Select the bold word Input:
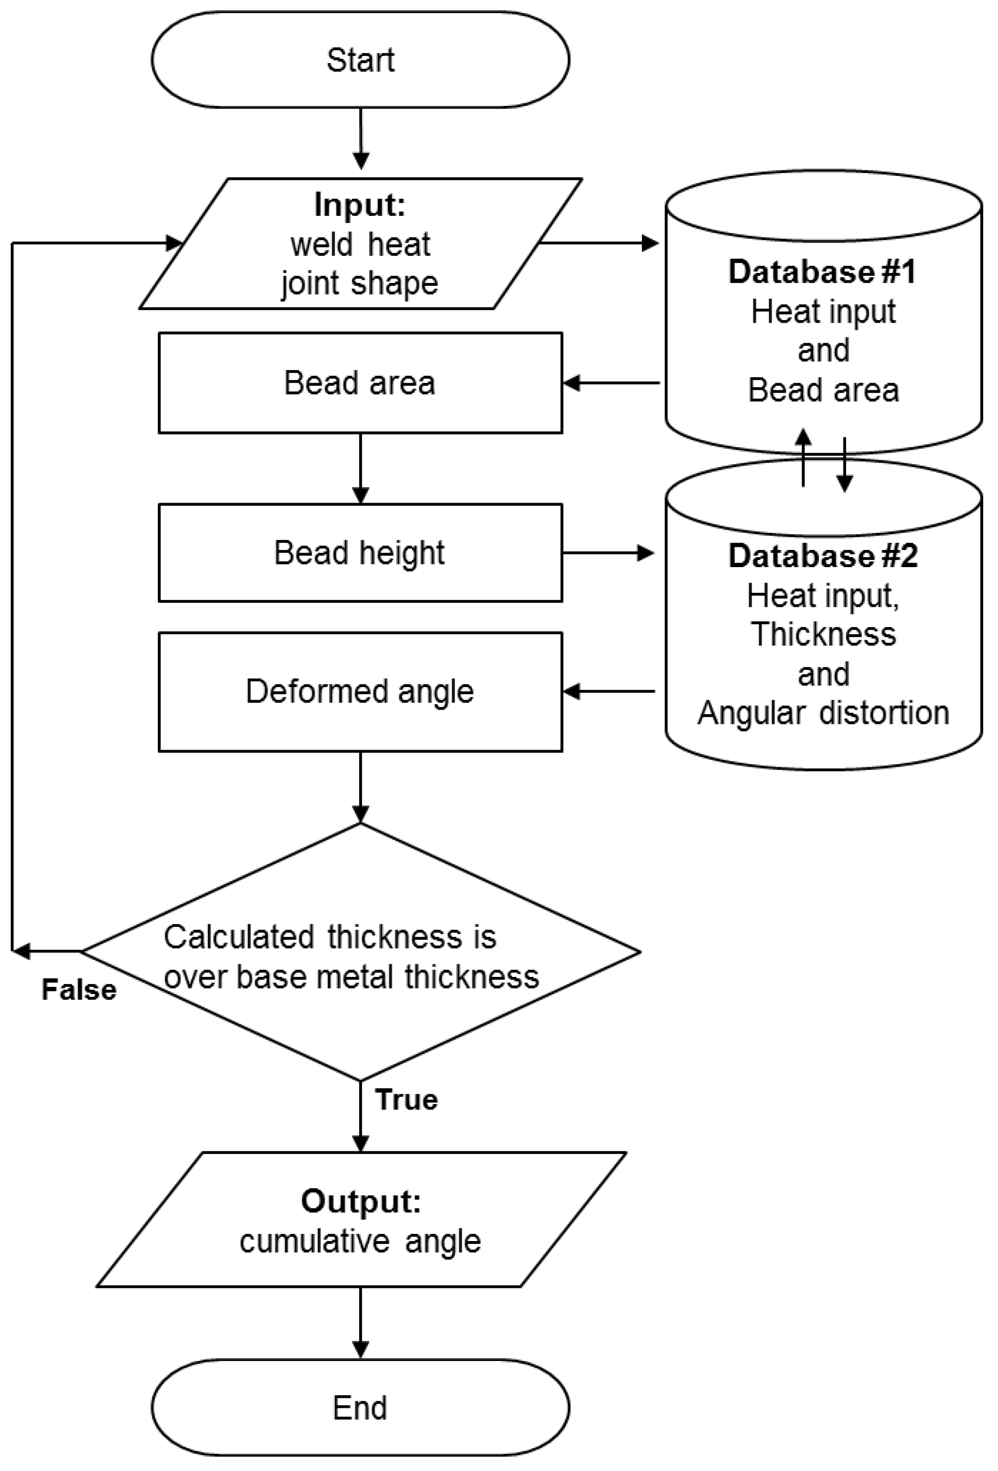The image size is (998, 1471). (359, 205)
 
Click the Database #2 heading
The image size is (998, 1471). (822, 556)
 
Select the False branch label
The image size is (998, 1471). (79, 990)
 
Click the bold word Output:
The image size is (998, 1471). (361, 1201)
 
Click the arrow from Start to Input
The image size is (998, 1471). (360, 139)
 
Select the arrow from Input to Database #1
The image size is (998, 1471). (598, 243)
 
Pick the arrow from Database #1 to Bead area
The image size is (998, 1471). (611, 383)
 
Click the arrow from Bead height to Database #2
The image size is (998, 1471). (608, 553)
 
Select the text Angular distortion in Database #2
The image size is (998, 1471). (823, 713)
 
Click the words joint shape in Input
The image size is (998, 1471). (359, 283)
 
